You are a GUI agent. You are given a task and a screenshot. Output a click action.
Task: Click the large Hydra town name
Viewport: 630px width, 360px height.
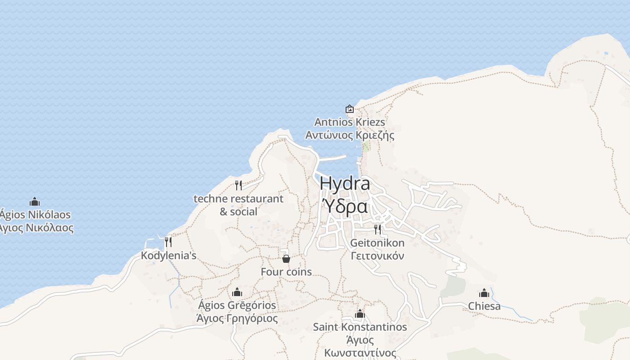[x=345, y=184]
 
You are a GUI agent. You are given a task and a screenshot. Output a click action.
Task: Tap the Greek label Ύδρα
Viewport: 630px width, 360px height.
[x=345, y=207]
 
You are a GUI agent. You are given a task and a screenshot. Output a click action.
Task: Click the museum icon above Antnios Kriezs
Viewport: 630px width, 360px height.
[x=349, y=109]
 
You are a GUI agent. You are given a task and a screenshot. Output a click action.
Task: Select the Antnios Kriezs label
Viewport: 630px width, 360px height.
[x=350, y=122]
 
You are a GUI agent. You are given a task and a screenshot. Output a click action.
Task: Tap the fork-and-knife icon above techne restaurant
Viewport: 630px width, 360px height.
[x=238, y=185]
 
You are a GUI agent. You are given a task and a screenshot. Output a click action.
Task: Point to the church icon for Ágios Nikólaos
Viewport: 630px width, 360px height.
[x=35, y=202]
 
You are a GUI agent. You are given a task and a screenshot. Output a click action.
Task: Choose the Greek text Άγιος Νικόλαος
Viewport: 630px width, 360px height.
[x=36, y=228]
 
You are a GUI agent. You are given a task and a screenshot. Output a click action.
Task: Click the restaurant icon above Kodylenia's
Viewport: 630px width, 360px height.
[x=168, y=242]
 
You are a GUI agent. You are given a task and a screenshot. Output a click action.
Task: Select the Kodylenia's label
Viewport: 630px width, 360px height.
[x=169, y=256]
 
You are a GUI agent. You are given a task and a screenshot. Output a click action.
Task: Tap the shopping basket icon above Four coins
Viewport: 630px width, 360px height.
[x=286, y=258]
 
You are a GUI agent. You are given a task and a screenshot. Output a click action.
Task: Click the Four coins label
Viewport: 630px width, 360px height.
[x=286, y=272]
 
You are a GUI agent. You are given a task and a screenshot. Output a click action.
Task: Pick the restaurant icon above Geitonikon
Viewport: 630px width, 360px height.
[x=377, y=229]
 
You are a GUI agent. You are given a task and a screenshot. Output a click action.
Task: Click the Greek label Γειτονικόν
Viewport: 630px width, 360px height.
[x=377, y=256]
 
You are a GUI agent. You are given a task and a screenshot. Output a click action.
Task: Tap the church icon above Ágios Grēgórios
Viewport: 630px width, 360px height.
[x=237, y=292]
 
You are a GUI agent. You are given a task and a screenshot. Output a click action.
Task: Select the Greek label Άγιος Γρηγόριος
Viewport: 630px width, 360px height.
[x=237, y=318]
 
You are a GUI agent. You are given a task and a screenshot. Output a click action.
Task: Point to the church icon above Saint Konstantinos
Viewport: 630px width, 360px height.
[x=360, y=314]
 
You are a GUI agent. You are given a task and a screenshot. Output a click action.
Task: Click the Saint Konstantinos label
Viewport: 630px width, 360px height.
[x=360, y=327]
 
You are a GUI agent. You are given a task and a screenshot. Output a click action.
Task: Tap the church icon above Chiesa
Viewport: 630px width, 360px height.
[x=484, y=293]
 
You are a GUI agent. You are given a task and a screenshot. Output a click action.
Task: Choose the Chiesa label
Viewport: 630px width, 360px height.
[x=484, y=306]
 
